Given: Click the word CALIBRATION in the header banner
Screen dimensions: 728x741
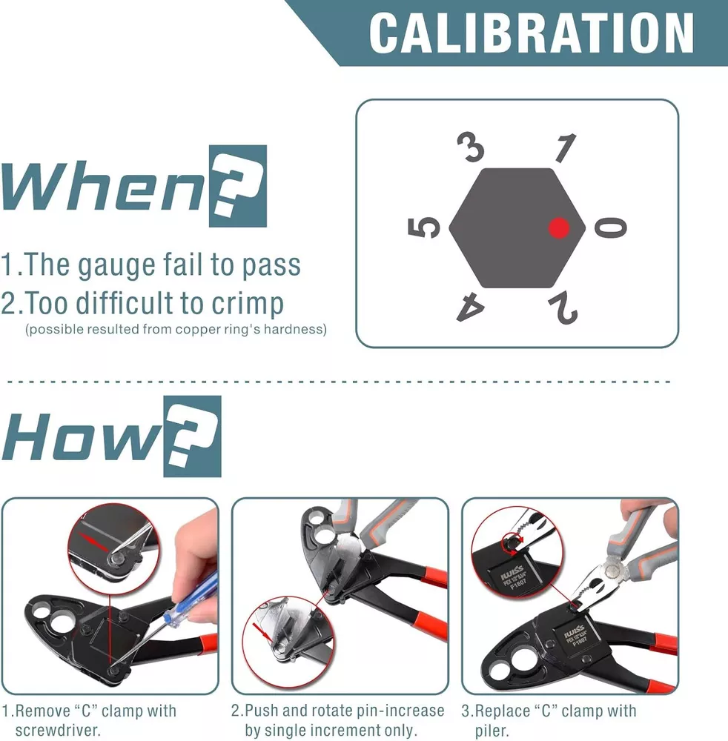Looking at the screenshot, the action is [532, 33].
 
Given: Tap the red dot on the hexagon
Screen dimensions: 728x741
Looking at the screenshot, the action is [559, 227].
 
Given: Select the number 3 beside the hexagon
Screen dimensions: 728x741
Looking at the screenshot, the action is [471, 147].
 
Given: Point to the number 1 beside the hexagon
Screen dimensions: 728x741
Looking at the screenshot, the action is [566, 147].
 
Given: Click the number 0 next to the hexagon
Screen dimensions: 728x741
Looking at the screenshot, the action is [610, 227].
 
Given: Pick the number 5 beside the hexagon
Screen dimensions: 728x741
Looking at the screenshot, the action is [423, 227].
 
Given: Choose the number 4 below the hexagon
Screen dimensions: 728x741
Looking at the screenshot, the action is [470, 308].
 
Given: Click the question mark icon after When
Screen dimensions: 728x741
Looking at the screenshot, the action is [238, 186].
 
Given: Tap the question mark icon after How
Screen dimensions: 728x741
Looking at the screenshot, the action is [193, 436].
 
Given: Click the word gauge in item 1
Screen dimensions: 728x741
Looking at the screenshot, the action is [116, 265].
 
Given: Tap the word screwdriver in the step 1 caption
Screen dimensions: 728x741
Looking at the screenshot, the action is [58, 730].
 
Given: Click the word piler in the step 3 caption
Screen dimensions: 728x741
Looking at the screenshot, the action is [492, 731].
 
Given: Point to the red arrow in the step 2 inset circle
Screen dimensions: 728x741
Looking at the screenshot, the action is [262, 632].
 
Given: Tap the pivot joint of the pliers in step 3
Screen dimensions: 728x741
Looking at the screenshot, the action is [613, 570].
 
